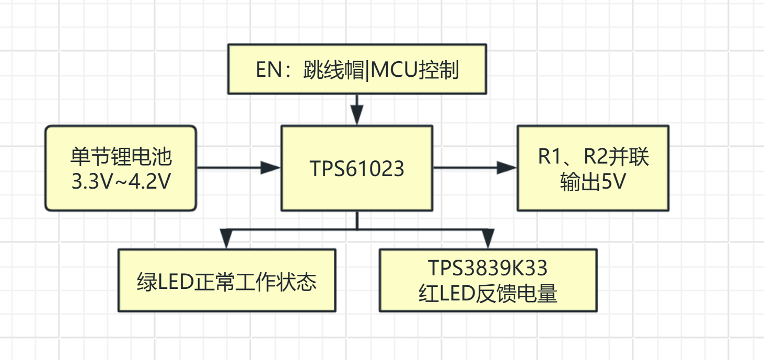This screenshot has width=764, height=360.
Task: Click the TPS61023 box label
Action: point(357,168)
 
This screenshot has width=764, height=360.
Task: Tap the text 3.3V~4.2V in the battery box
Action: point(121,181)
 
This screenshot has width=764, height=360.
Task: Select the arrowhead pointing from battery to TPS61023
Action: point(270,168)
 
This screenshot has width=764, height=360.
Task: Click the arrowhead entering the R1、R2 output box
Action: point(506,168)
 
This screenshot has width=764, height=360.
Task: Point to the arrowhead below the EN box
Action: point(357,115)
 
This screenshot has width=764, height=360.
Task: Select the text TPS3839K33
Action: point(488,268)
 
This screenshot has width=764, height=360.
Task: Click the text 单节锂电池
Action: point(121,157)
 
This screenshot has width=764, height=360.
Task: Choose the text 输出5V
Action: point(593,181)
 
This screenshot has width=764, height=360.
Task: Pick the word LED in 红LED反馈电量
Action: point(457,294)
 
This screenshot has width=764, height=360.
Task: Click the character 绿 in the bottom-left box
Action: point(147,282)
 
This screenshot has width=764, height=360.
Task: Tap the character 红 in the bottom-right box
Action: point(429,294)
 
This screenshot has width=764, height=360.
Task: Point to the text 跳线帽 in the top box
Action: point(334,70)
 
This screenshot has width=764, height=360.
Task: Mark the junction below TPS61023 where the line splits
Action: point(357,229)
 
